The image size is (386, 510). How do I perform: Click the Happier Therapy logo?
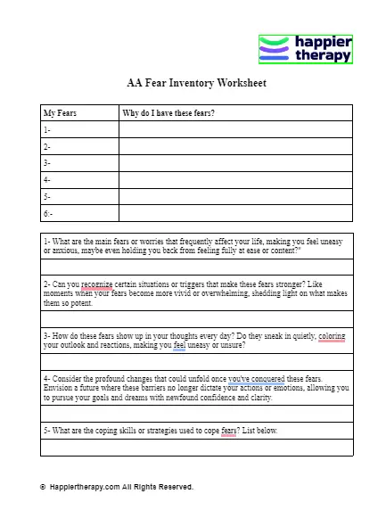coord(306,48)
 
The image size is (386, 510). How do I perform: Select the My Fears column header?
coord(62,113)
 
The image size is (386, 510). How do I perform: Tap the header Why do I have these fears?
coord(168,113)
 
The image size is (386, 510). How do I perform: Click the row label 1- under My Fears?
coord(48,130)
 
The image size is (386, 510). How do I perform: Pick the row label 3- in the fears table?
coord(48,163)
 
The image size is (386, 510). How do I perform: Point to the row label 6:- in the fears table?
coord(49,214)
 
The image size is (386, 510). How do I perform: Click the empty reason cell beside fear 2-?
coord(236,146)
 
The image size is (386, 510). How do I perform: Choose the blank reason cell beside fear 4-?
coord(236,180)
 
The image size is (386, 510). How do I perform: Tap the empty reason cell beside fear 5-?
coord(236,197)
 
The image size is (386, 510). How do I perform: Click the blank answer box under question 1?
coord(197,266)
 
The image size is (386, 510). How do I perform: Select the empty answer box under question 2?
coord(197,318)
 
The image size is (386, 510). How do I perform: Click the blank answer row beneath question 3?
coord(197,361)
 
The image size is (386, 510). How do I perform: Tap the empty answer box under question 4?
coord(197,413)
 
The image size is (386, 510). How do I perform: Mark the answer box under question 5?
coord(197,447)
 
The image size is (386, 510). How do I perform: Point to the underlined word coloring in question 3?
coord(331,336)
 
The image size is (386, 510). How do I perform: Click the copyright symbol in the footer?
coord(42,487)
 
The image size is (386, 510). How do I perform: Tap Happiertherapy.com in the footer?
coord(84,487)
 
